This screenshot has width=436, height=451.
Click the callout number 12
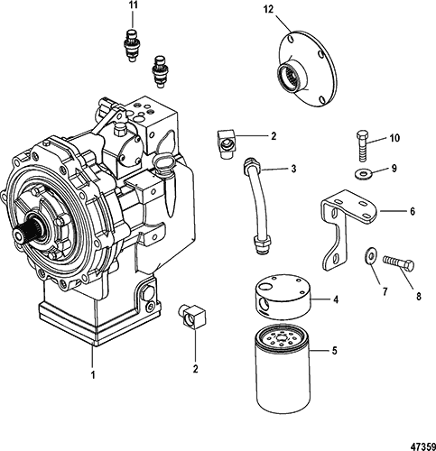(269, 10)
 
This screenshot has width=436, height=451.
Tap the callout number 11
(133, 5)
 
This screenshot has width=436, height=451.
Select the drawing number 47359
(424, 446)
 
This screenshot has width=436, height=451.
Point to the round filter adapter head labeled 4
(282, 297)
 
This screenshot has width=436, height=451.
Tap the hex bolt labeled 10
(362, 146)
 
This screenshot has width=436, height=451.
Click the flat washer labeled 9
(362, 173)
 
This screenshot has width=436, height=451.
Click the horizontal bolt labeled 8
(398, 262)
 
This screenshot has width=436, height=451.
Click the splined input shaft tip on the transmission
(23, 233)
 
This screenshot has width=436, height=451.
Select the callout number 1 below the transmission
(93, 375)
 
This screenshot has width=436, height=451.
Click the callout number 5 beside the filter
(334, 351)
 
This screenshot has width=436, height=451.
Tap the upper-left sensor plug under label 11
(131, 45)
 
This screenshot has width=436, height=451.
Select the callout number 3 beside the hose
(293, 169)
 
